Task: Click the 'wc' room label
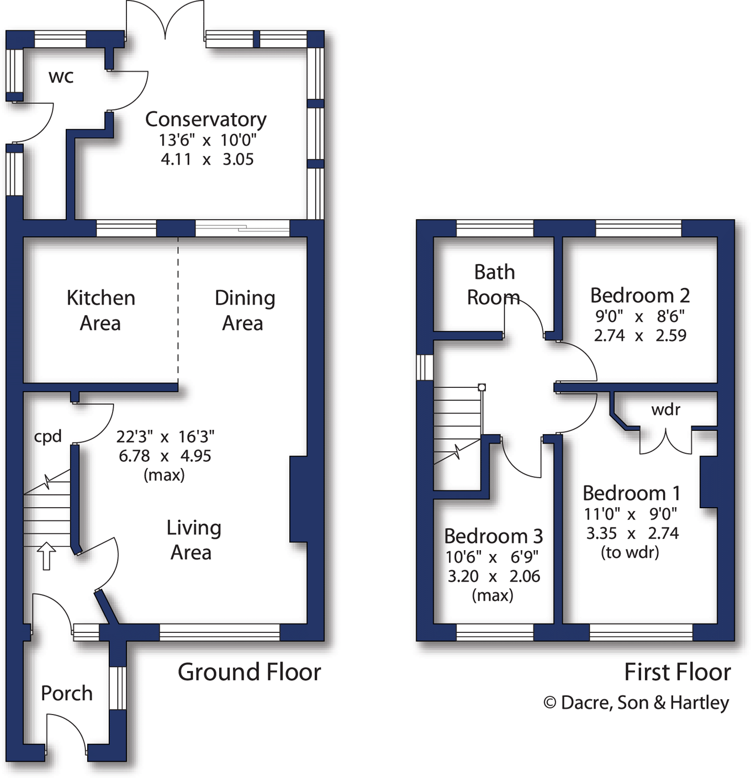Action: click(61, 77)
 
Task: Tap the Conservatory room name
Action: click(205, 119)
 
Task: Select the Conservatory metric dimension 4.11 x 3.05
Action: click(207, 159)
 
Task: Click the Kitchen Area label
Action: click(101, 310)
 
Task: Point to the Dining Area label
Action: click(244, 310)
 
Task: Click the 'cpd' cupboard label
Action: click(47, 436)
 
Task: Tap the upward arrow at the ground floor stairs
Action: click(46, 555)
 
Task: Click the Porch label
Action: click(67, 693)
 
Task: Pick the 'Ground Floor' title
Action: click(249, 672)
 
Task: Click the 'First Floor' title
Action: click(677, 672)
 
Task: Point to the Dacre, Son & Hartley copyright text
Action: click(636, 702)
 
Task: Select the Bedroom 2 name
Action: click(640, 295)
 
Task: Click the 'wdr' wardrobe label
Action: click(665, 409)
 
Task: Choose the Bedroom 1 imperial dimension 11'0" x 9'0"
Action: click(631, 514)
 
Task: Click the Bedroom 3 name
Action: click(493, 536)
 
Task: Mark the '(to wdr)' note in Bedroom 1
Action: click(630, 552)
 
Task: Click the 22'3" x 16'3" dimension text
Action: click(165, 437)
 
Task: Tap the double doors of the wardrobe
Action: click(666, 441)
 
